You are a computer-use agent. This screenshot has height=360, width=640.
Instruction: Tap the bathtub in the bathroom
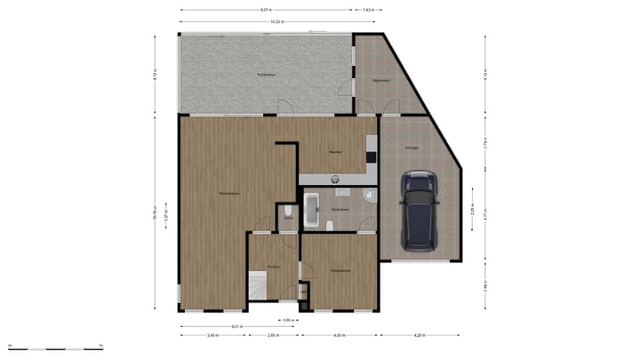coord(310,210)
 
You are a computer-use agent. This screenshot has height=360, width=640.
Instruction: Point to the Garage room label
coord(412,148)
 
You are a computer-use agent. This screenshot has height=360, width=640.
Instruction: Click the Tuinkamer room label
coord(266,74)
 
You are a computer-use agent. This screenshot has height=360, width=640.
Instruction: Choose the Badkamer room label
coord(340,209)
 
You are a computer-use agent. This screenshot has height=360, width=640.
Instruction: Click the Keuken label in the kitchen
coord(335,152)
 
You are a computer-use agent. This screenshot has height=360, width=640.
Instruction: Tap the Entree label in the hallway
coord(274,266)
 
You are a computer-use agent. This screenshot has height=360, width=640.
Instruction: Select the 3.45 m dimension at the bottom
coord(212,335)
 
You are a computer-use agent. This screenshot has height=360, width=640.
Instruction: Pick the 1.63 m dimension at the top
coord(368,10)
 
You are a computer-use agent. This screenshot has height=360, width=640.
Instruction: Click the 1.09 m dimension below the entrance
coord(288,319)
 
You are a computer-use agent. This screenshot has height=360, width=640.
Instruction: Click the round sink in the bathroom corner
coord(368,195)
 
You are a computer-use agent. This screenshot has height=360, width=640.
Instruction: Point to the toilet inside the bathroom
coord(331,225)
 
